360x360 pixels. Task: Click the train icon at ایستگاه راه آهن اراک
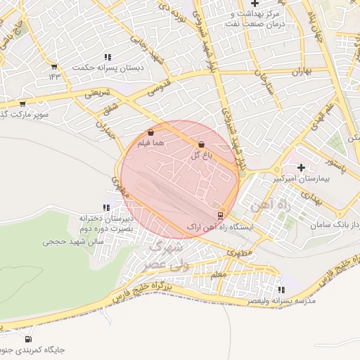220,216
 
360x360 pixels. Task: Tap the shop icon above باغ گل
202,144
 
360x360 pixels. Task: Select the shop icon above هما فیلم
151,132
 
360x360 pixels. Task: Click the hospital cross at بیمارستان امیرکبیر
302,167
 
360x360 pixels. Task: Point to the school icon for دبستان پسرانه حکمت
108,57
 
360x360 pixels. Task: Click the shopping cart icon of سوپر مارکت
22,103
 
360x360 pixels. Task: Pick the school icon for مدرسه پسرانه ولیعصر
281,289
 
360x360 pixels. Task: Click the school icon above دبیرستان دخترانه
106,207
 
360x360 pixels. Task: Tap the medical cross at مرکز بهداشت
255,4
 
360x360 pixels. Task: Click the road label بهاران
301,72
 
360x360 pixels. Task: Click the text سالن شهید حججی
73,241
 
